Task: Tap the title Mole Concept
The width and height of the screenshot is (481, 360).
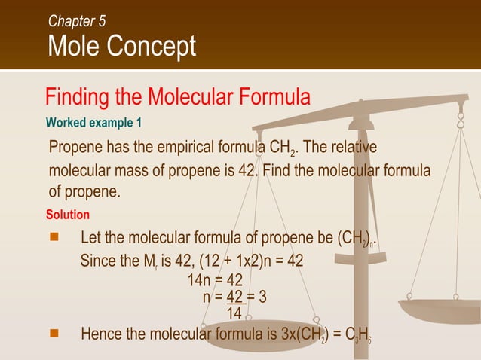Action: tap(121, 47)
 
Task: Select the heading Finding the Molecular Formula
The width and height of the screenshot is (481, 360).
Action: tap(178, 97)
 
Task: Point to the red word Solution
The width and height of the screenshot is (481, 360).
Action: tap(68, 215)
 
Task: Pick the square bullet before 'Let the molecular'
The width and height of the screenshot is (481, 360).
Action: tap(54, 238)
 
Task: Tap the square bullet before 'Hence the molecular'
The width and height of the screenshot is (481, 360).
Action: tap(54, 331)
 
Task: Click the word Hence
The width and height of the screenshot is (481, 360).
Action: tap(100, 333)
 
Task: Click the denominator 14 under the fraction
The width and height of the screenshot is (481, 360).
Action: tap(234, 311)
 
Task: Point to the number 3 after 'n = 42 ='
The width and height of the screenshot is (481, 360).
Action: tap(262, 297)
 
